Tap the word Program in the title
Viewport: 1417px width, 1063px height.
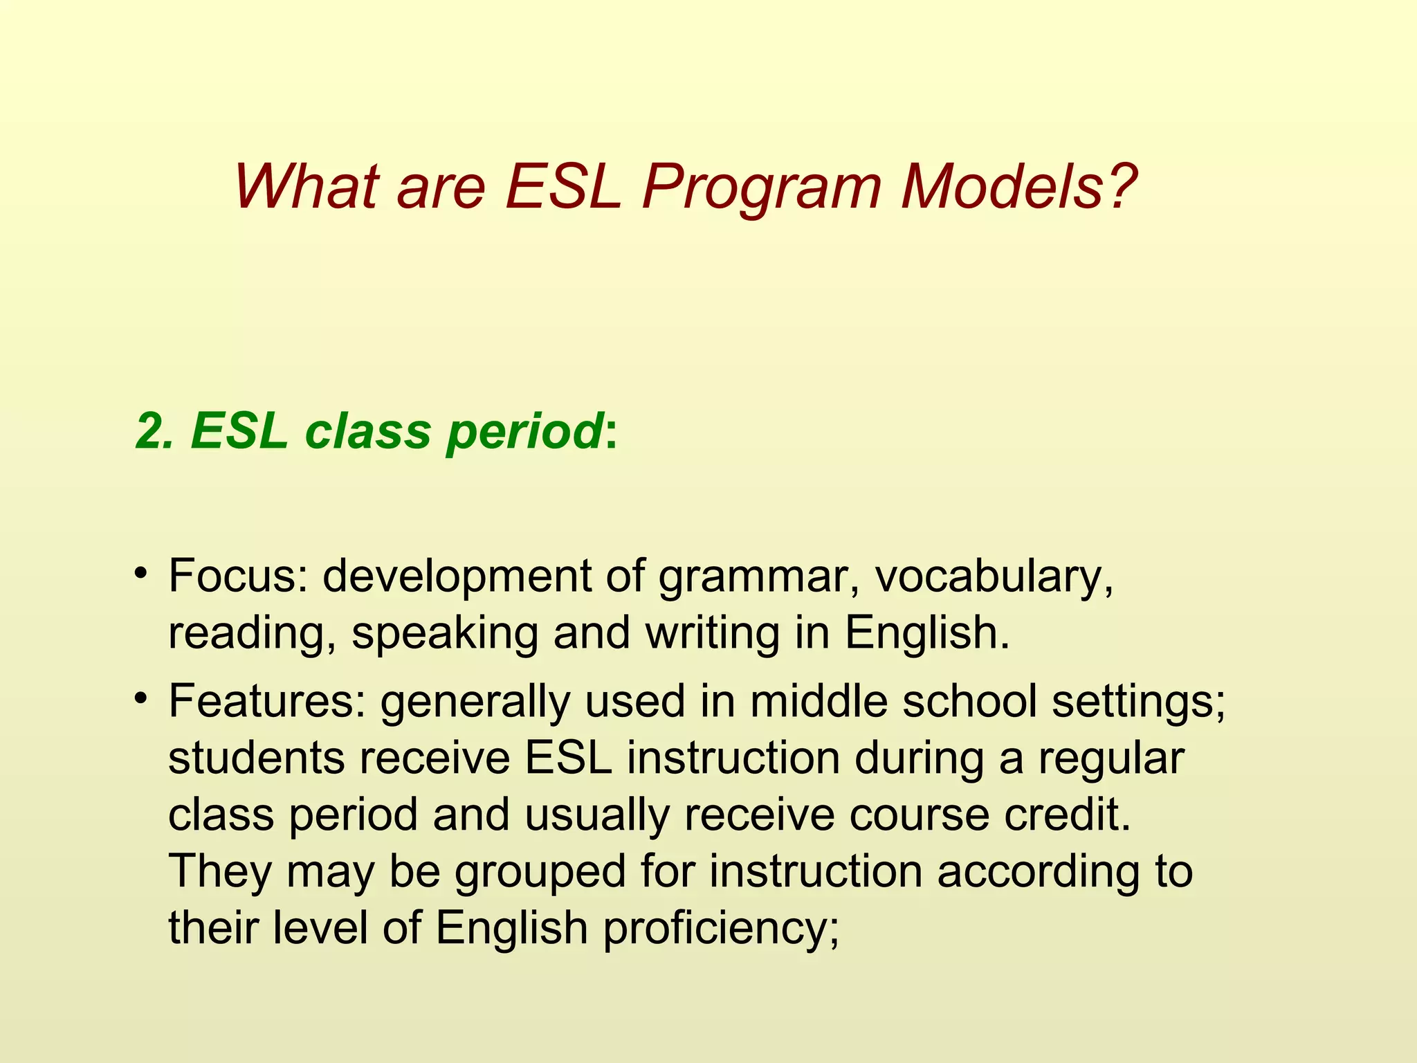tap(761, 188)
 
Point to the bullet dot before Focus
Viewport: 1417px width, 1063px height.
tap(141, 573)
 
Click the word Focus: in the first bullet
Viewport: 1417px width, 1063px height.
tap(238, 576)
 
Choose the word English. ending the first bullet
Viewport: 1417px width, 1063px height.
tap(927, 634)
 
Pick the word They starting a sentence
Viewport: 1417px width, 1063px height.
tap(220, 871)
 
